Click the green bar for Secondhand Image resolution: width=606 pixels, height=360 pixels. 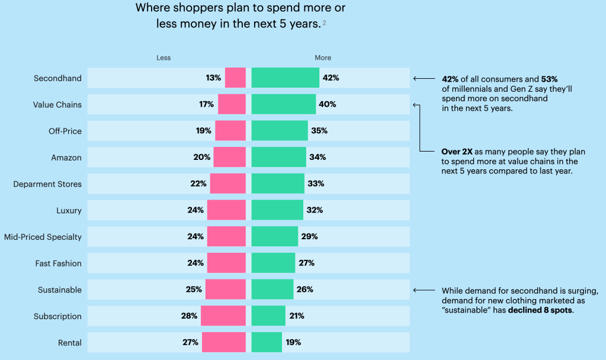click(285, 78)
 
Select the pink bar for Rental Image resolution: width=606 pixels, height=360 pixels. click(224, 342)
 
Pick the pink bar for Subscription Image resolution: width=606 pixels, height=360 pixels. click(223, 316)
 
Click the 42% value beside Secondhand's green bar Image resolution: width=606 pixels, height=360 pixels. click(331, 78)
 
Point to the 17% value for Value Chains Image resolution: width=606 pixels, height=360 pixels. click(206, 105)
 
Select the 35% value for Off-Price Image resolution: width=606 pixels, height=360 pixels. click(319, 131)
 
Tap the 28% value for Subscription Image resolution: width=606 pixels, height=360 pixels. click(189, 316)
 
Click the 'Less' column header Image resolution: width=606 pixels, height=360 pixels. click(163, 58)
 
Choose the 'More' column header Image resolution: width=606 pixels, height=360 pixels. click(323, 58)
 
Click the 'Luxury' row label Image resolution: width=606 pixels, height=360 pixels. click(69, 210)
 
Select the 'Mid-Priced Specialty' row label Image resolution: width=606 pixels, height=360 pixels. click(43, 237)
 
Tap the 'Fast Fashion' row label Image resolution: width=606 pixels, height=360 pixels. click(59, 263)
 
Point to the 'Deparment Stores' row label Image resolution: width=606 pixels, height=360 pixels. click(47, 184)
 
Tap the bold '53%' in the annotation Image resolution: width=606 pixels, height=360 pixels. click(550, 79)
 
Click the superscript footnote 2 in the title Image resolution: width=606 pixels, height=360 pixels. click(325, 22)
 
